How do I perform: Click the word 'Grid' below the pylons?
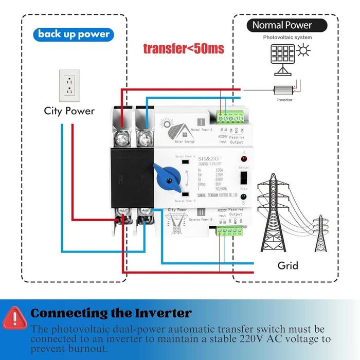click(287, 266)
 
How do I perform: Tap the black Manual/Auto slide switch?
click(244, 179)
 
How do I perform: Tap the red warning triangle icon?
click(15, 317)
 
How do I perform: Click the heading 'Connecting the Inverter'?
click(111, 313)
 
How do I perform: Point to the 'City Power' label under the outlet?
click(69, 111)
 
